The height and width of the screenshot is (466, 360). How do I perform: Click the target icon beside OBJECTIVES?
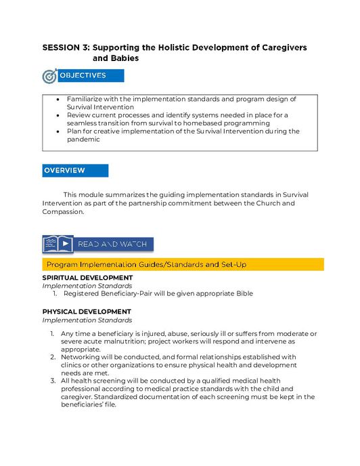50,77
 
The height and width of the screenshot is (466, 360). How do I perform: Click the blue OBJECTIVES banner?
83,76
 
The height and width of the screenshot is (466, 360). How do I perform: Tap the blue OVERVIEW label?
74,171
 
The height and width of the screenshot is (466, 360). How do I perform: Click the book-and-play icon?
58,244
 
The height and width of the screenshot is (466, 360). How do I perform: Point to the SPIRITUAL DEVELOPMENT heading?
87,278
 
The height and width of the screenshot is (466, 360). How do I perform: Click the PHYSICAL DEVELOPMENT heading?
87,312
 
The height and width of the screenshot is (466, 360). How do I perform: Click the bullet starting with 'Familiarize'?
181,103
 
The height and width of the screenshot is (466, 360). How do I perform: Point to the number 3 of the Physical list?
53,381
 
